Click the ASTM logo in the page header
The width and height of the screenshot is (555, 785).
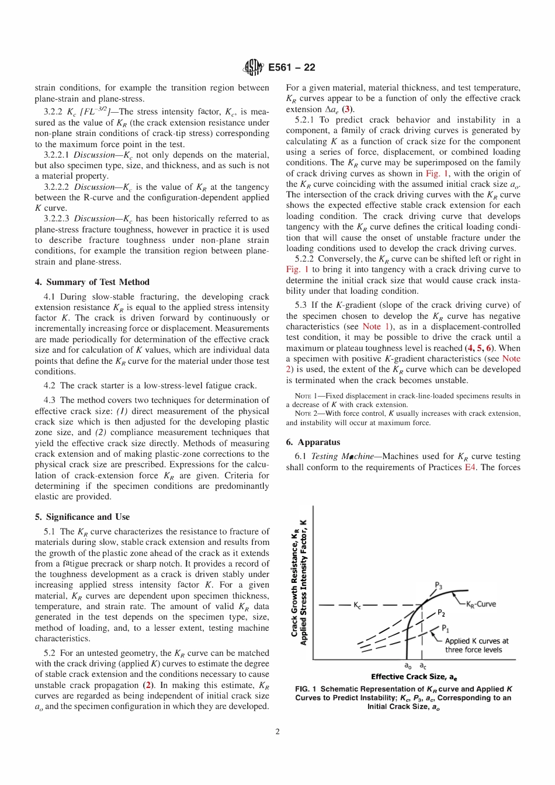click(253, 68)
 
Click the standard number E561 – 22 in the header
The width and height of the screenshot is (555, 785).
click(292, 68)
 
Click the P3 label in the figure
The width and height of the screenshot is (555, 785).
click(439, 586)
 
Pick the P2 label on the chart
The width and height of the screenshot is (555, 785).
click(442, 613)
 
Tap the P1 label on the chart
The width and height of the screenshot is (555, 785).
click(445, 629)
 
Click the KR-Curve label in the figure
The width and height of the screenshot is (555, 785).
click(481, 604)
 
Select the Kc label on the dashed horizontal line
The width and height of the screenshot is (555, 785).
click(357, 605)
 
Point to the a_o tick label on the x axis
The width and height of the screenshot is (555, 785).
click(408, 665)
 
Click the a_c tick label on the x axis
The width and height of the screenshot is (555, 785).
click(423, 665)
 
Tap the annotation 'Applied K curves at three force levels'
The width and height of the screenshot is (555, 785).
click(476, 645)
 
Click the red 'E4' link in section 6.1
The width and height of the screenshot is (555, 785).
click(470, 467)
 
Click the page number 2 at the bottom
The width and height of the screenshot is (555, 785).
click(277, 732)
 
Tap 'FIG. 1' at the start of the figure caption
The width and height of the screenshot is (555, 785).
click(306, 689)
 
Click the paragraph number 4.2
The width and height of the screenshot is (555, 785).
click(50, 385)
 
